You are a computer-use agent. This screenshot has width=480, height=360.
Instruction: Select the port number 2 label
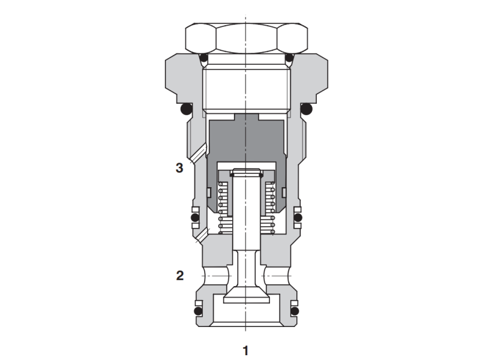(179, 276)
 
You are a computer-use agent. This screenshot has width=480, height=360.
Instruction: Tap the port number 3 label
(179, 168)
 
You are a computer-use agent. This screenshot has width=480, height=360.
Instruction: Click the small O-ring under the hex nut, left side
(204, 58)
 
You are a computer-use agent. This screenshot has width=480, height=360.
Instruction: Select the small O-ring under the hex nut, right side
(289, 58)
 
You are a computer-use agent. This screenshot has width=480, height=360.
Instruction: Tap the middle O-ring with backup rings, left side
(194, 217)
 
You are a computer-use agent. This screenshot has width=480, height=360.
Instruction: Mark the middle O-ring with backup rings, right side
(298, 217)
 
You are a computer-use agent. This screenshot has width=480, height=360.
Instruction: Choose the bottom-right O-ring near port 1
(295, 311)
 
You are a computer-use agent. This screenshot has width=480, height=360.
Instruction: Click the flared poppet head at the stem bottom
(246, 295)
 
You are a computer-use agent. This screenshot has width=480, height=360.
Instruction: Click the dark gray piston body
(246, 138)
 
